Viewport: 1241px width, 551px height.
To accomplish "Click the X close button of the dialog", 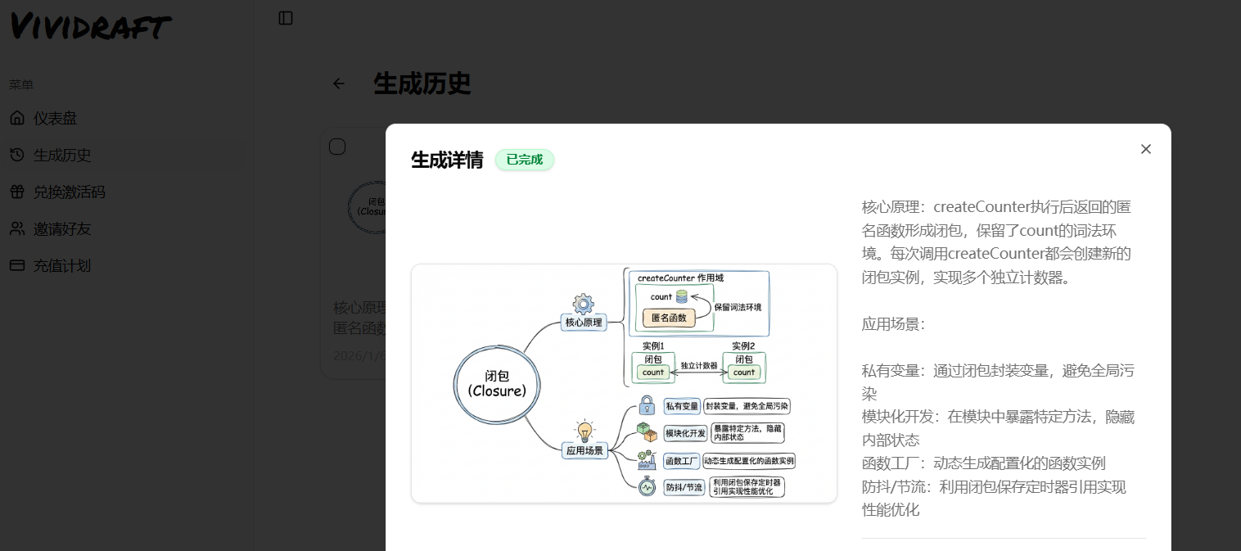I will [x=1145, y=149].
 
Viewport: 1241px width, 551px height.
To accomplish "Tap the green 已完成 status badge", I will [x=524, y=160].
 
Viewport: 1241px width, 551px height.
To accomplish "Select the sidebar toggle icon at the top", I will [x=286, y=18].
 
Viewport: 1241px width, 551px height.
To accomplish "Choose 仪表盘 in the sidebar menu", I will [x=55, y=119].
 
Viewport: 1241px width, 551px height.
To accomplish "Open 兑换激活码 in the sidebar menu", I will [x=69, y=192].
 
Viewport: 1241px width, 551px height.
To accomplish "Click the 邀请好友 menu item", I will [x=61, y=229].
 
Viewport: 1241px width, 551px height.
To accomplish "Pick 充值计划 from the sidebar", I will [x=61, y=266].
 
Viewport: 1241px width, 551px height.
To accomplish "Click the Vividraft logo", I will [x=90, y=26].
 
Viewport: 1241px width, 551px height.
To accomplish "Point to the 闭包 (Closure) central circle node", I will [x=497, y=383].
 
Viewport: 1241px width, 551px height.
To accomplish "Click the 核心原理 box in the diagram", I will [x=584, y=323].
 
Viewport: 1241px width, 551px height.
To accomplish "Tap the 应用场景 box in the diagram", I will [x=584, y=450].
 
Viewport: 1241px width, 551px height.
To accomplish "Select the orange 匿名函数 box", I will [x=669, y=318].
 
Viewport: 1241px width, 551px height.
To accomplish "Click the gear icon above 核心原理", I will [x=583, y=304].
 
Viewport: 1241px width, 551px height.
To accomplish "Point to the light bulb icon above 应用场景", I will [x=584, y=431].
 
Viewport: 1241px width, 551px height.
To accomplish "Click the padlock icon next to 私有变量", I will [x=647, y=405].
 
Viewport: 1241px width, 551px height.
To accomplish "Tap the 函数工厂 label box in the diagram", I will [x=681, y=461].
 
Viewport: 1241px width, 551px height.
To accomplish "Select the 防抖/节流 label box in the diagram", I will [x=684, y=487].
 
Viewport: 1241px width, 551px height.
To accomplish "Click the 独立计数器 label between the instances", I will [x=698, y=365].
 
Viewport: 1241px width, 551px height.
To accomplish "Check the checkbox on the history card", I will [x=337, y=147].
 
